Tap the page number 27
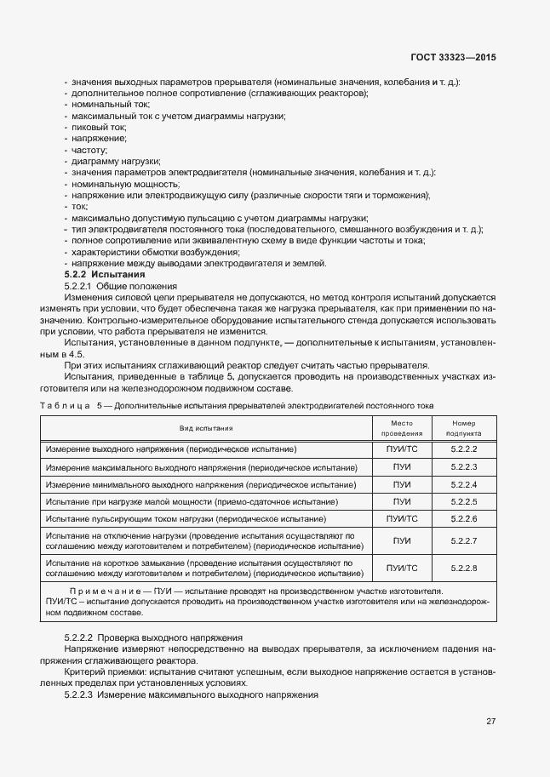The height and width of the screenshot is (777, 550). click(x=490, y=722)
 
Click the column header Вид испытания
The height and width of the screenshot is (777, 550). click(x=206, y=428)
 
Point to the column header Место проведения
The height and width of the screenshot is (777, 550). click(x=401, y=428)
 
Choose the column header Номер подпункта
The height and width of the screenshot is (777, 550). click(x=463, y=428)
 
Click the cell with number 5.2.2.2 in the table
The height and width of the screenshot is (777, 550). click(x=463, y=448)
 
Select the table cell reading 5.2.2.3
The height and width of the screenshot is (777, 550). click(x=463, y=466)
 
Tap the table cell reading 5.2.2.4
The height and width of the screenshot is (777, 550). click(x=463, y=484)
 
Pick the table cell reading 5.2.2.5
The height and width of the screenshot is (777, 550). click(x=463, y=501)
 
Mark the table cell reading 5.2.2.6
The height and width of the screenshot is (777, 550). click(x=463, y=518)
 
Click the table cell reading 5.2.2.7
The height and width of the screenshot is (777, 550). click(x=463, y=541)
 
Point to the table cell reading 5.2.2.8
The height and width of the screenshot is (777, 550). click(x=463, y=568)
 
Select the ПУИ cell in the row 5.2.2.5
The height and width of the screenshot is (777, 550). click(x=401, y=501)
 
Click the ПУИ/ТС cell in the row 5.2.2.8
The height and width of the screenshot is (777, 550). click(x=401, y=568)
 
